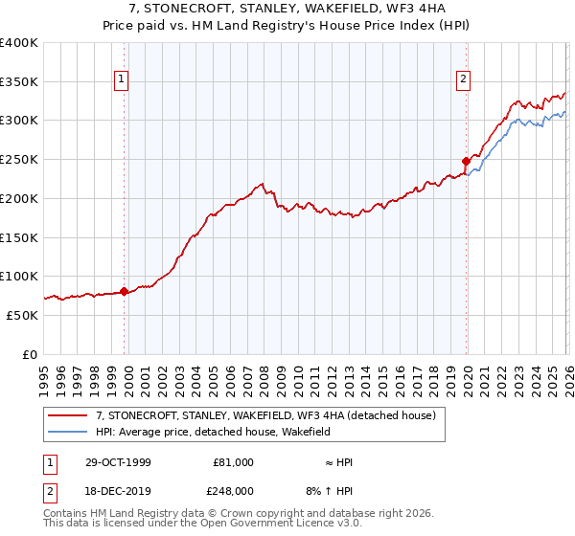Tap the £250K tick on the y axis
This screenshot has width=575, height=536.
19,159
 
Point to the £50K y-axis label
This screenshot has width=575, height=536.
22,315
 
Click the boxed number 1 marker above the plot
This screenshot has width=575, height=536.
123,80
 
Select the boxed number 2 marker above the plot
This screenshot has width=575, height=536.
464,80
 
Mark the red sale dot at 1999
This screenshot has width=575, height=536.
125,291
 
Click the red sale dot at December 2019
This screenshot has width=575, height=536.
466,161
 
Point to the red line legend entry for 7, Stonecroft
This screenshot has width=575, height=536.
265,415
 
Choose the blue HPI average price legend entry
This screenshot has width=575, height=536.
213,432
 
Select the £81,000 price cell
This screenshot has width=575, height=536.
233,462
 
